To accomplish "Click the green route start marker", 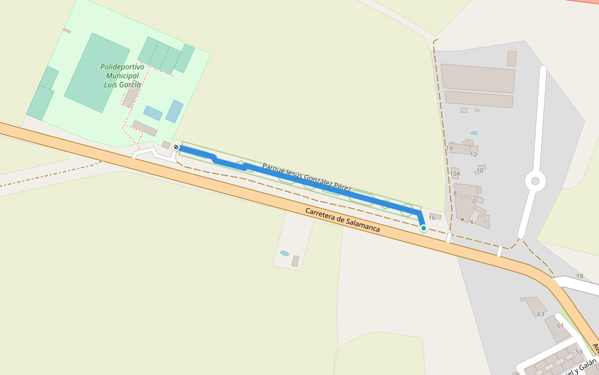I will coord(424,228).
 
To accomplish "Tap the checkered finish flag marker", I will coord(177,147).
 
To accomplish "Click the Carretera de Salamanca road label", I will coord(343,220).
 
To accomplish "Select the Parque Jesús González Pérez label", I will coord(306,177).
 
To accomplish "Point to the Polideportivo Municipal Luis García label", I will coord(122,76).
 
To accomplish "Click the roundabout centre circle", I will coord(535,181).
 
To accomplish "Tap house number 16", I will coord(432,218).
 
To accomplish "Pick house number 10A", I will coord(455,174).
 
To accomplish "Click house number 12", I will coord(474,155).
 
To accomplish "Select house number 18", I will coord(580,276).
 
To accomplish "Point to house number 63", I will coord(541,314).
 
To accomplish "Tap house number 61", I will coord(560,326).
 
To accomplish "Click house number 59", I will coord(579,352).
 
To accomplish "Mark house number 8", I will coord(455,194).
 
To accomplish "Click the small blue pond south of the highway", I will coord(285,253).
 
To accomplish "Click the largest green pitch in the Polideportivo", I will coord(97,72).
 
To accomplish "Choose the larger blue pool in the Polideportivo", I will coord(175,111).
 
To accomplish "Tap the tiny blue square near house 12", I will coord(474,133).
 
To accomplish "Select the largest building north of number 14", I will coord(478,78).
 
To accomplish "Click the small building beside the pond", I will coord(296,261).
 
